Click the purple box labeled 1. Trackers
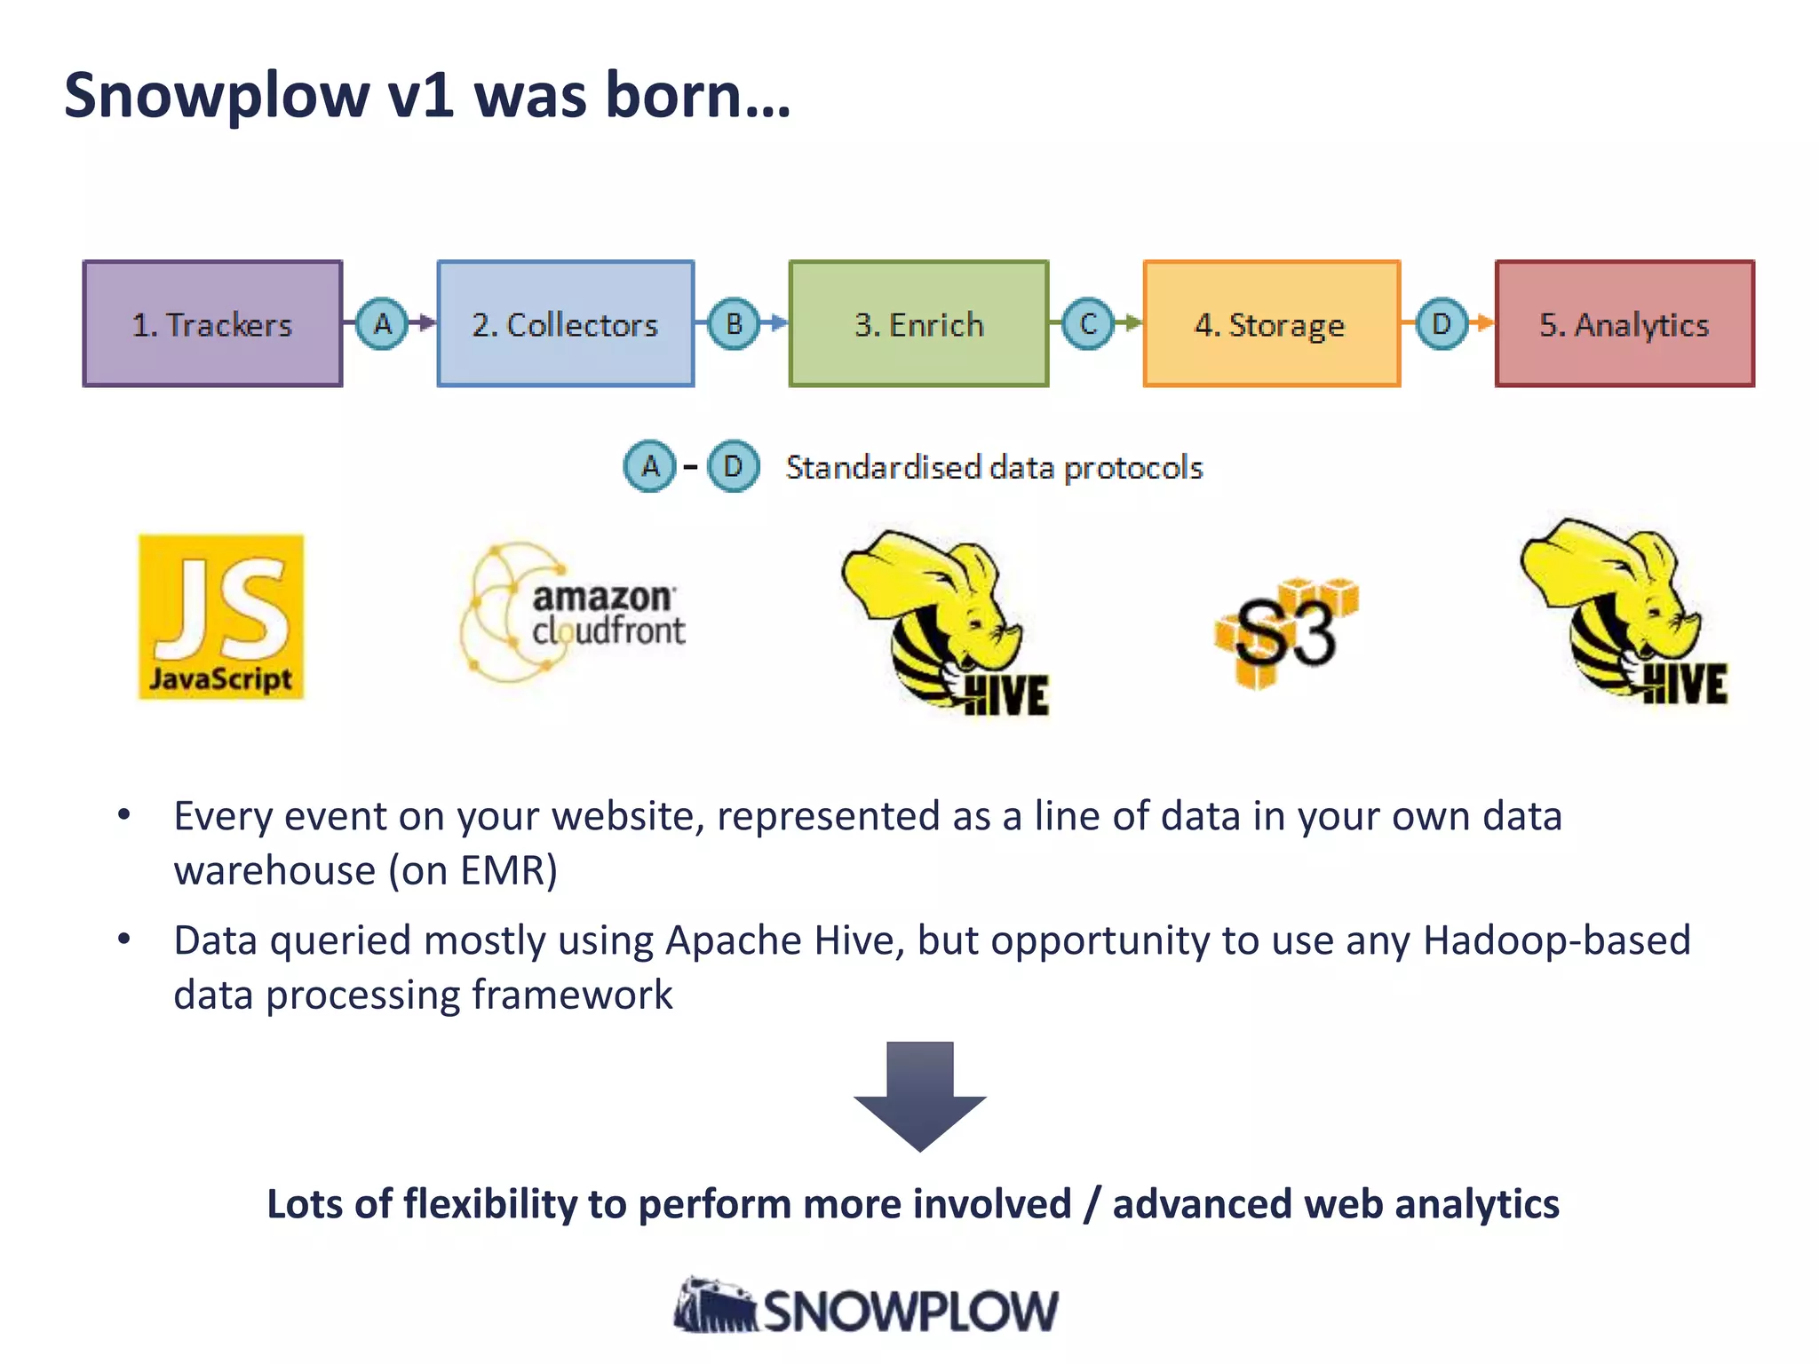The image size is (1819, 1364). click(212, 324)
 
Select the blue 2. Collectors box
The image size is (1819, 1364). click(566, 324)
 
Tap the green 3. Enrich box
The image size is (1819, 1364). click(918, 324)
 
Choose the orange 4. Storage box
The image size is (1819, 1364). click(1271, 324)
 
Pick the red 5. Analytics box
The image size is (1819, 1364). click(1624, 324)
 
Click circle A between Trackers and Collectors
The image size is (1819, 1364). click(382, 324)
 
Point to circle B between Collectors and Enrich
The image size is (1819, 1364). click(734, 324)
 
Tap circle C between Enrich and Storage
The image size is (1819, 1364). click(1088, 324)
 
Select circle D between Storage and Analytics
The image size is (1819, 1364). click(1441, 324)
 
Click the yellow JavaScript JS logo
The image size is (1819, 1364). click(221, 617)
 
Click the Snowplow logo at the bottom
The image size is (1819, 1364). click(866, 1308)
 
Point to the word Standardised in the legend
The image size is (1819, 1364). click(883, 467)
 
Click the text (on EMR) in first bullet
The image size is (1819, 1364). click(473, 870)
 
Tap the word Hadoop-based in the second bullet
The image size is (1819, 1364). click(1556, 940)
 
